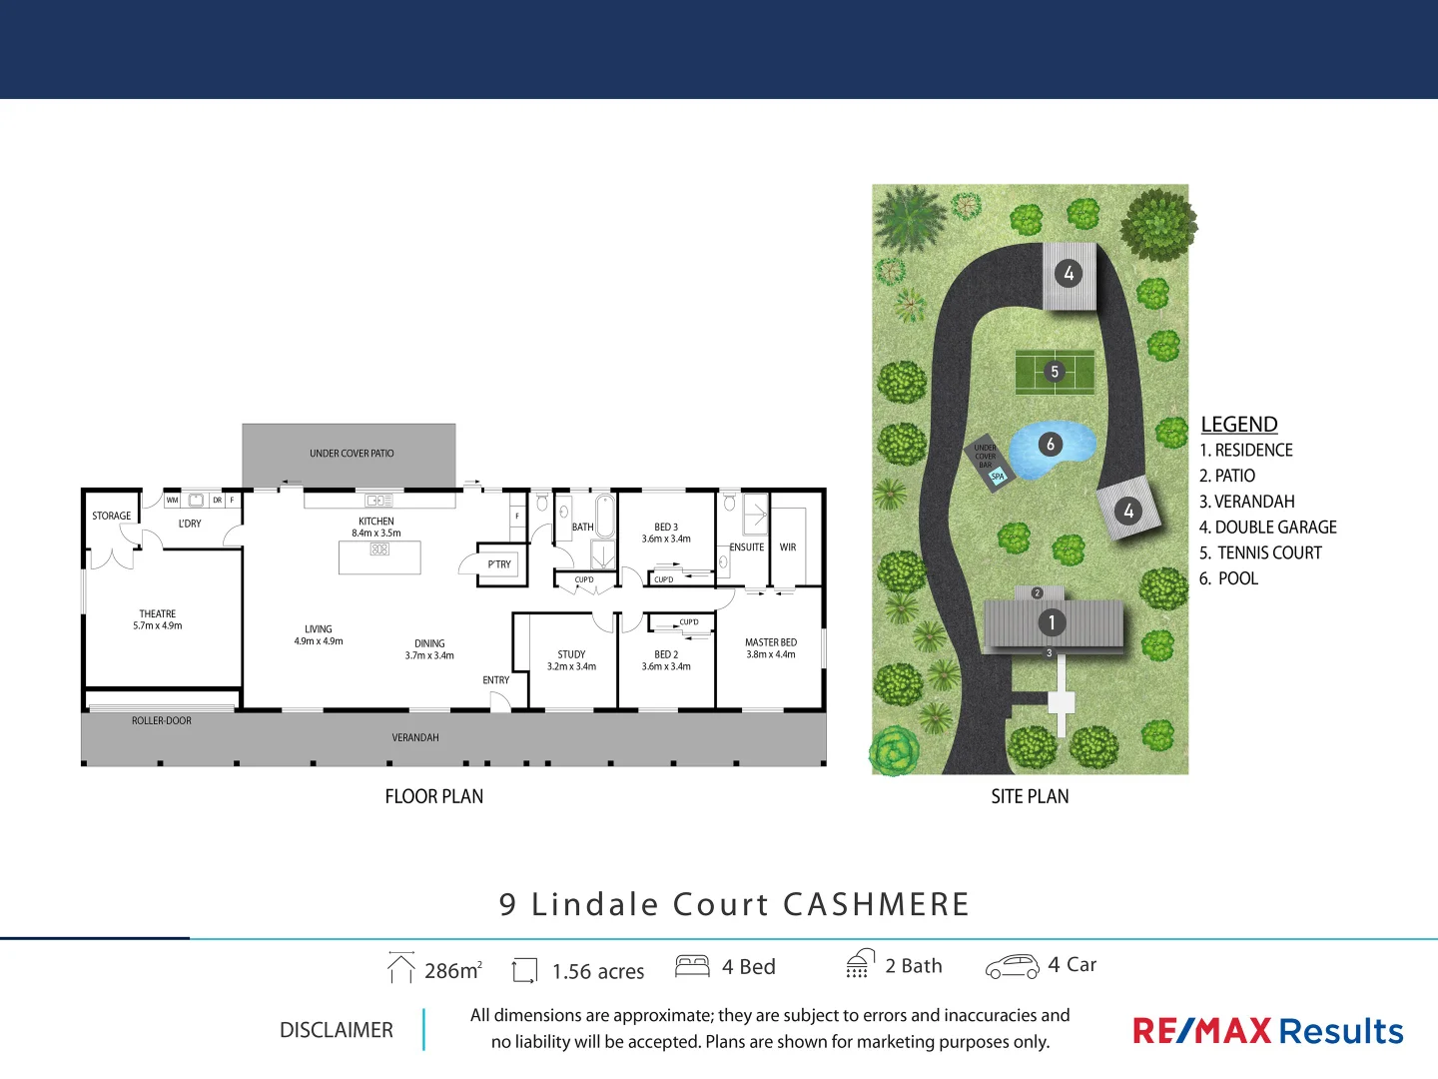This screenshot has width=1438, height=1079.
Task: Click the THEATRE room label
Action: tap(158, 614)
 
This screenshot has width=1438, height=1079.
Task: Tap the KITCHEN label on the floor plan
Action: tap(376, 522)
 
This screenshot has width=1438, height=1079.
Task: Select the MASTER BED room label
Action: tap(771, 642)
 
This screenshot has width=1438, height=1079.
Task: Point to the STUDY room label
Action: tap(571, 654)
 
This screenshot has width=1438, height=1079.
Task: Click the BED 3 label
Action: tap(666, 527)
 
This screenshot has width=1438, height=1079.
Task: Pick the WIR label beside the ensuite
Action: tap(788, 547)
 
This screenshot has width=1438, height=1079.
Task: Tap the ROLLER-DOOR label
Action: tap(162, 720)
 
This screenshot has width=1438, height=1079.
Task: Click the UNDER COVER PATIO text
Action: tap(352, 454)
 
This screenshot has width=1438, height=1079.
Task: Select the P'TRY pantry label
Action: tap(499, 564)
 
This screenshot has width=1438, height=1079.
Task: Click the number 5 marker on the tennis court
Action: tap(1055, 372)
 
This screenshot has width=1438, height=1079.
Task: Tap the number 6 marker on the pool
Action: tap(1050, 444)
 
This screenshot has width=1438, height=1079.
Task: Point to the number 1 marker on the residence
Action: tap(1052, 622)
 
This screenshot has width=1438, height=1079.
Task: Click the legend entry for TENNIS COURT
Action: tap(1260, 552)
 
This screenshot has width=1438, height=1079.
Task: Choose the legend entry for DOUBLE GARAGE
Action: tap(1267, 528)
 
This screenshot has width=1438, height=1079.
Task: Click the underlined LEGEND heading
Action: tap(1239, 424)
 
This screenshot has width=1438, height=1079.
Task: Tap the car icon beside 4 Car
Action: tap(1012, 966)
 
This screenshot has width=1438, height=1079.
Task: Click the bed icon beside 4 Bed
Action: tap(692, 966)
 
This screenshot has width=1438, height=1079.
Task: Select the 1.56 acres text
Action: tap(598, 971)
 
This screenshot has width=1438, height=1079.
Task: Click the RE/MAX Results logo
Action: tap(1268, 1031)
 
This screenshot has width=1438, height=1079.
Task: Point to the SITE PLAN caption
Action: tap(1030, 796)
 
